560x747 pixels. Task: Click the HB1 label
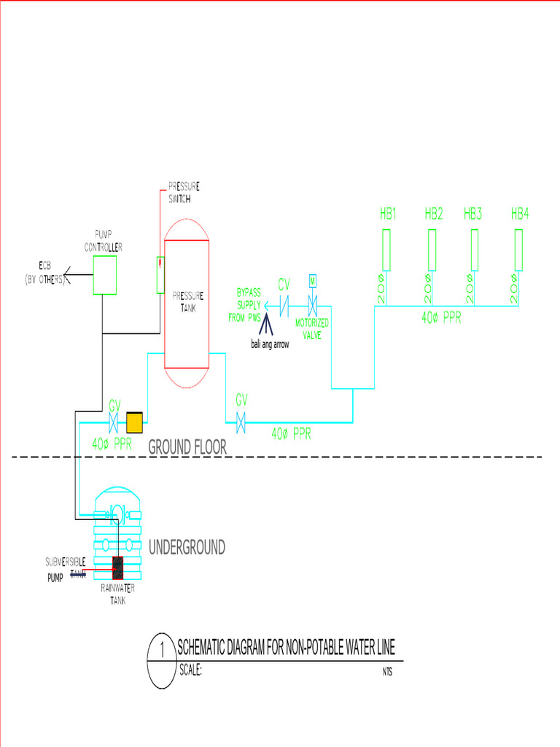click(387, 214)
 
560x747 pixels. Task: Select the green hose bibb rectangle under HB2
click(432, 250)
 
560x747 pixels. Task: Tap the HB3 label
click(473, 214)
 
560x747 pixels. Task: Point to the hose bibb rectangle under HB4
click(518, 250)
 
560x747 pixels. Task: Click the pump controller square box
click(105, 275)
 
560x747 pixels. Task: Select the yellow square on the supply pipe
click(135, 422)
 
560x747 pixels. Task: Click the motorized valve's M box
click(312, 281)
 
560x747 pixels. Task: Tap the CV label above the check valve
click(284, 284)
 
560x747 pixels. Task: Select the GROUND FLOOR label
click(187, 447)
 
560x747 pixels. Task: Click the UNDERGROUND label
click(187, 547)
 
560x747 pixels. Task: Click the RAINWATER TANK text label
click(117, 595)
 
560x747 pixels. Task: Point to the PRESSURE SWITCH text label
click(184, 192)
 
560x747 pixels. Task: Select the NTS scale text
click(387, 673)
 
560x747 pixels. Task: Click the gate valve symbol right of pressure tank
click(241, 421)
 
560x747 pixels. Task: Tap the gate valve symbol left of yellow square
click(114, 422)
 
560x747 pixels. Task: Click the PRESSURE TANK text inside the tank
click(187, 301)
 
